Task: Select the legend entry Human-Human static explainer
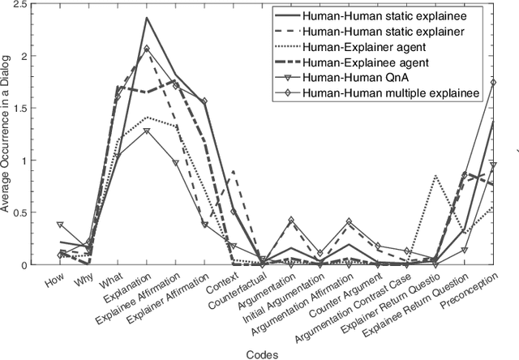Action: tap(389, 31)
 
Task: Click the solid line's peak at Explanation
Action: tap(146, 18)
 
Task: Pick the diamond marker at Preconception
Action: tap(493, 82)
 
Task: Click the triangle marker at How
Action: tap(61, 225)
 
